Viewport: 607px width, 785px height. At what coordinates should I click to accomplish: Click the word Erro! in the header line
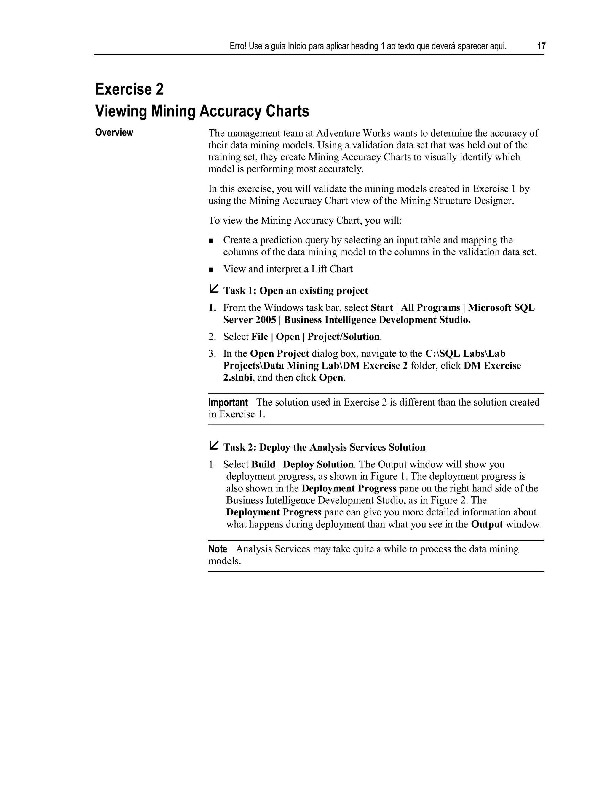point(238,47)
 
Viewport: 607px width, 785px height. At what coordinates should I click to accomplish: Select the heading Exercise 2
point(129,89)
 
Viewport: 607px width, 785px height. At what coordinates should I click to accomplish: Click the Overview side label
point(114,133)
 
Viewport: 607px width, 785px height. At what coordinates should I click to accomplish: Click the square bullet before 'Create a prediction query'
point(211,241)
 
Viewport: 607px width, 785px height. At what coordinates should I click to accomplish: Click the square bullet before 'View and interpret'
point(211,270)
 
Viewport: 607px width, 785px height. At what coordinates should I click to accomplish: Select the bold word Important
point(228,403)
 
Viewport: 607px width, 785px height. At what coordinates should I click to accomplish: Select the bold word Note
point(218,549)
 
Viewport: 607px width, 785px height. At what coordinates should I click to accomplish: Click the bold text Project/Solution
point(344,337)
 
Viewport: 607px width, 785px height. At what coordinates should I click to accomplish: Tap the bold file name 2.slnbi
point(238,378)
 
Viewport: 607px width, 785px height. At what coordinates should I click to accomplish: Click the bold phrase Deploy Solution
point(318,464)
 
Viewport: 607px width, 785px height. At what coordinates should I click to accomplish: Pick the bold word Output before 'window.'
point(487,524)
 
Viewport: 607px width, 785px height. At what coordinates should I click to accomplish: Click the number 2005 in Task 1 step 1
point(266,320)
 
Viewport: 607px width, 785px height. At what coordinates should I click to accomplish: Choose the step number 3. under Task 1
point(212,354)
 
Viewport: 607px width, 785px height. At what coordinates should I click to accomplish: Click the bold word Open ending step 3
point(331,378)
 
